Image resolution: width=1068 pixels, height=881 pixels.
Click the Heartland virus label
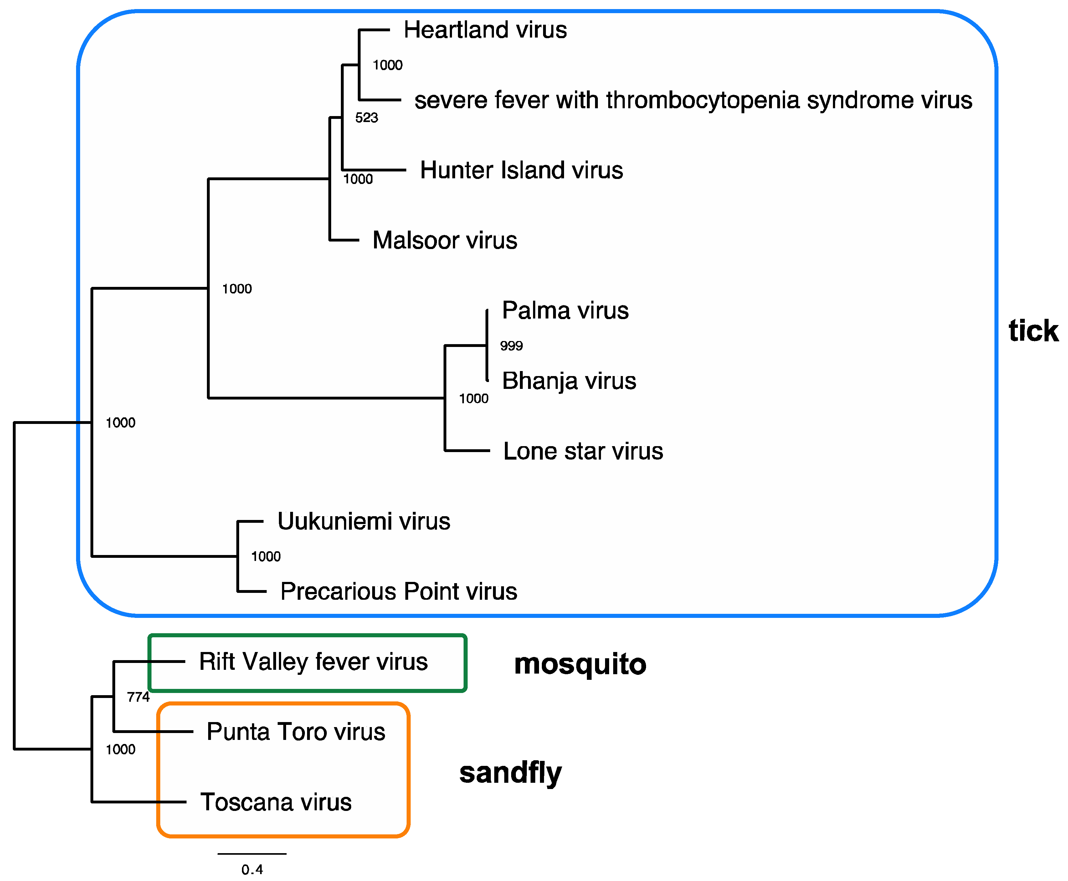pos(485,30)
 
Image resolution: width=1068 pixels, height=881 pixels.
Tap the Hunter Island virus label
pos(521,170)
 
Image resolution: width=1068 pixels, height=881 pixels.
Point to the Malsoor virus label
pos(445,240)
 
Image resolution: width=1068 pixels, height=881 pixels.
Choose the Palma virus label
pos(565,310)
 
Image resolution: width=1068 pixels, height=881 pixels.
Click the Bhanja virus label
pos(568,381)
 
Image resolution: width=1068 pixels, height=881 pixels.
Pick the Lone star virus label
pos(583,451)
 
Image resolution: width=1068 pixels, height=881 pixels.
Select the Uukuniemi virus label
pos(363,521)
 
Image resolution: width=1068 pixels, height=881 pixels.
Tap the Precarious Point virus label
pos(398,591)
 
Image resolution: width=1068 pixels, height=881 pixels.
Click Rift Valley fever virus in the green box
pos(313,662)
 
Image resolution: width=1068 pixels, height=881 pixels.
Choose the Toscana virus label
pos(276,802)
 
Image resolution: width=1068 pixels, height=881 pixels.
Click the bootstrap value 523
pos(367,118)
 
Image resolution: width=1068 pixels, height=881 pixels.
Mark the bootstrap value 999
pos(511,346)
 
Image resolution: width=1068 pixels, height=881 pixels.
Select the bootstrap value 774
pos(138,697)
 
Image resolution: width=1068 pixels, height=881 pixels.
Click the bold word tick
pos(1033,331)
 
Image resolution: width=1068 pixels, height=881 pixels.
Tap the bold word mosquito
pos(580,664)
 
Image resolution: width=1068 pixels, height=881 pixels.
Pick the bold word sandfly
pos(510,772)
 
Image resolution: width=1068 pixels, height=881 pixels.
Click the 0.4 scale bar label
pos(252,869)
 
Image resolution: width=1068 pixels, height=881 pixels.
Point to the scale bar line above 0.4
pos(252,853)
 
